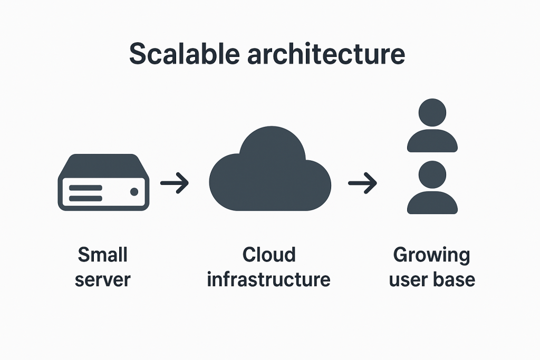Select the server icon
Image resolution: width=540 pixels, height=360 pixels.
click(x=103, y=182)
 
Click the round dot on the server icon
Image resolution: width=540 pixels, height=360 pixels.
click(x=134, y=192)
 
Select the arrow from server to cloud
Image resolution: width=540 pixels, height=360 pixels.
click(x=175, y=183)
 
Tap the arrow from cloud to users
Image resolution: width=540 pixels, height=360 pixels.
click(x=362, y=183)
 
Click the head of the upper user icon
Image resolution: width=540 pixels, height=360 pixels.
click(x=432, y=112)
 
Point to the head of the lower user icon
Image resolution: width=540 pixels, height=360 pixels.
click(x=432, y=174)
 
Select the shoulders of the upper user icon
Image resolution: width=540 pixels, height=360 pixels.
click(x=432, y=141)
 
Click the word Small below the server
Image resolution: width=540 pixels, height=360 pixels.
click(x=103, y=255)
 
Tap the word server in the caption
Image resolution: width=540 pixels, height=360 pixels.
click(x=102, y=279)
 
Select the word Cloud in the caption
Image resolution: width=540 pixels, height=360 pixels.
click(x=269, y=255)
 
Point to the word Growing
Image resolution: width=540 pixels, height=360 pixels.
click(x=431, y=256)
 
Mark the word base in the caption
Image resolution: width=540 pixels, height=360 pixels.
click(x=455, y=279)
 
